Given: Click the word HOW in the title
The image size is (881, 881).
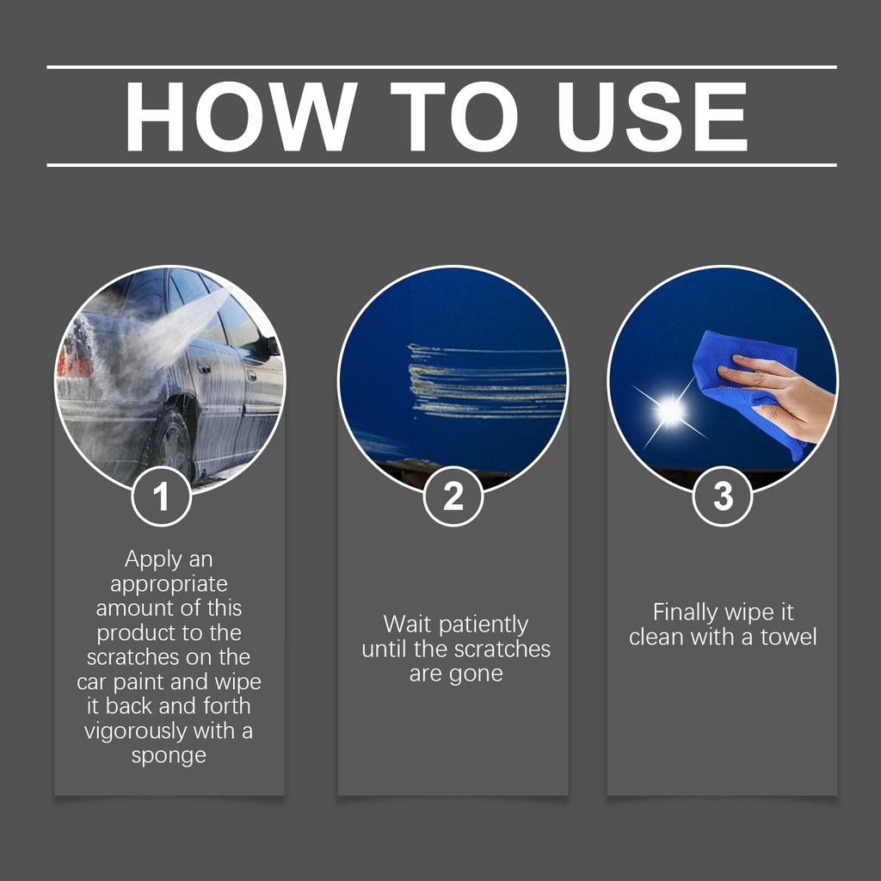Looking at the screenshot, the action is [241, 116].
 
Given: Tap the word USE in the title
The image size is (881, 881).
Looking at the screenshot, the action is [652, 116].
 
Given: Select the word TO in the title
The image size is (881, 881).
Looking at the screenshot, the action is [454, 116].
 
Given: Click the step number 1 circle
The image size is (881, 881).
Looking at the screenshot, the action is [162, 496].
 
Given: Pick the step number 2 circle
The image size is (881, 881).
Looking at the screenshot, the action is [453, 496].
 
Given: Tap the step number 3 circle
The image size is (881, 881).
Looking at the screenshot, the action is [723, 496].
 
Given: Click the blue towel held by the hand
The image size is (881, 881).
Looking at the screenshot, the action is [742, 382].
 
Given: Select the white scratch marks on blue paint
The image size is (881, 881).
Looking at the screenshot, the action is [487, 381].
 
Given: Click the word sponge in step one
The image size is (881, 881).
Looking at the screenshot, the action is [169, 756].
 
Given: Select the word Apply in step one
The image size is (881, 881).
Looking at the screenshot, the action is [153, 560].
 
